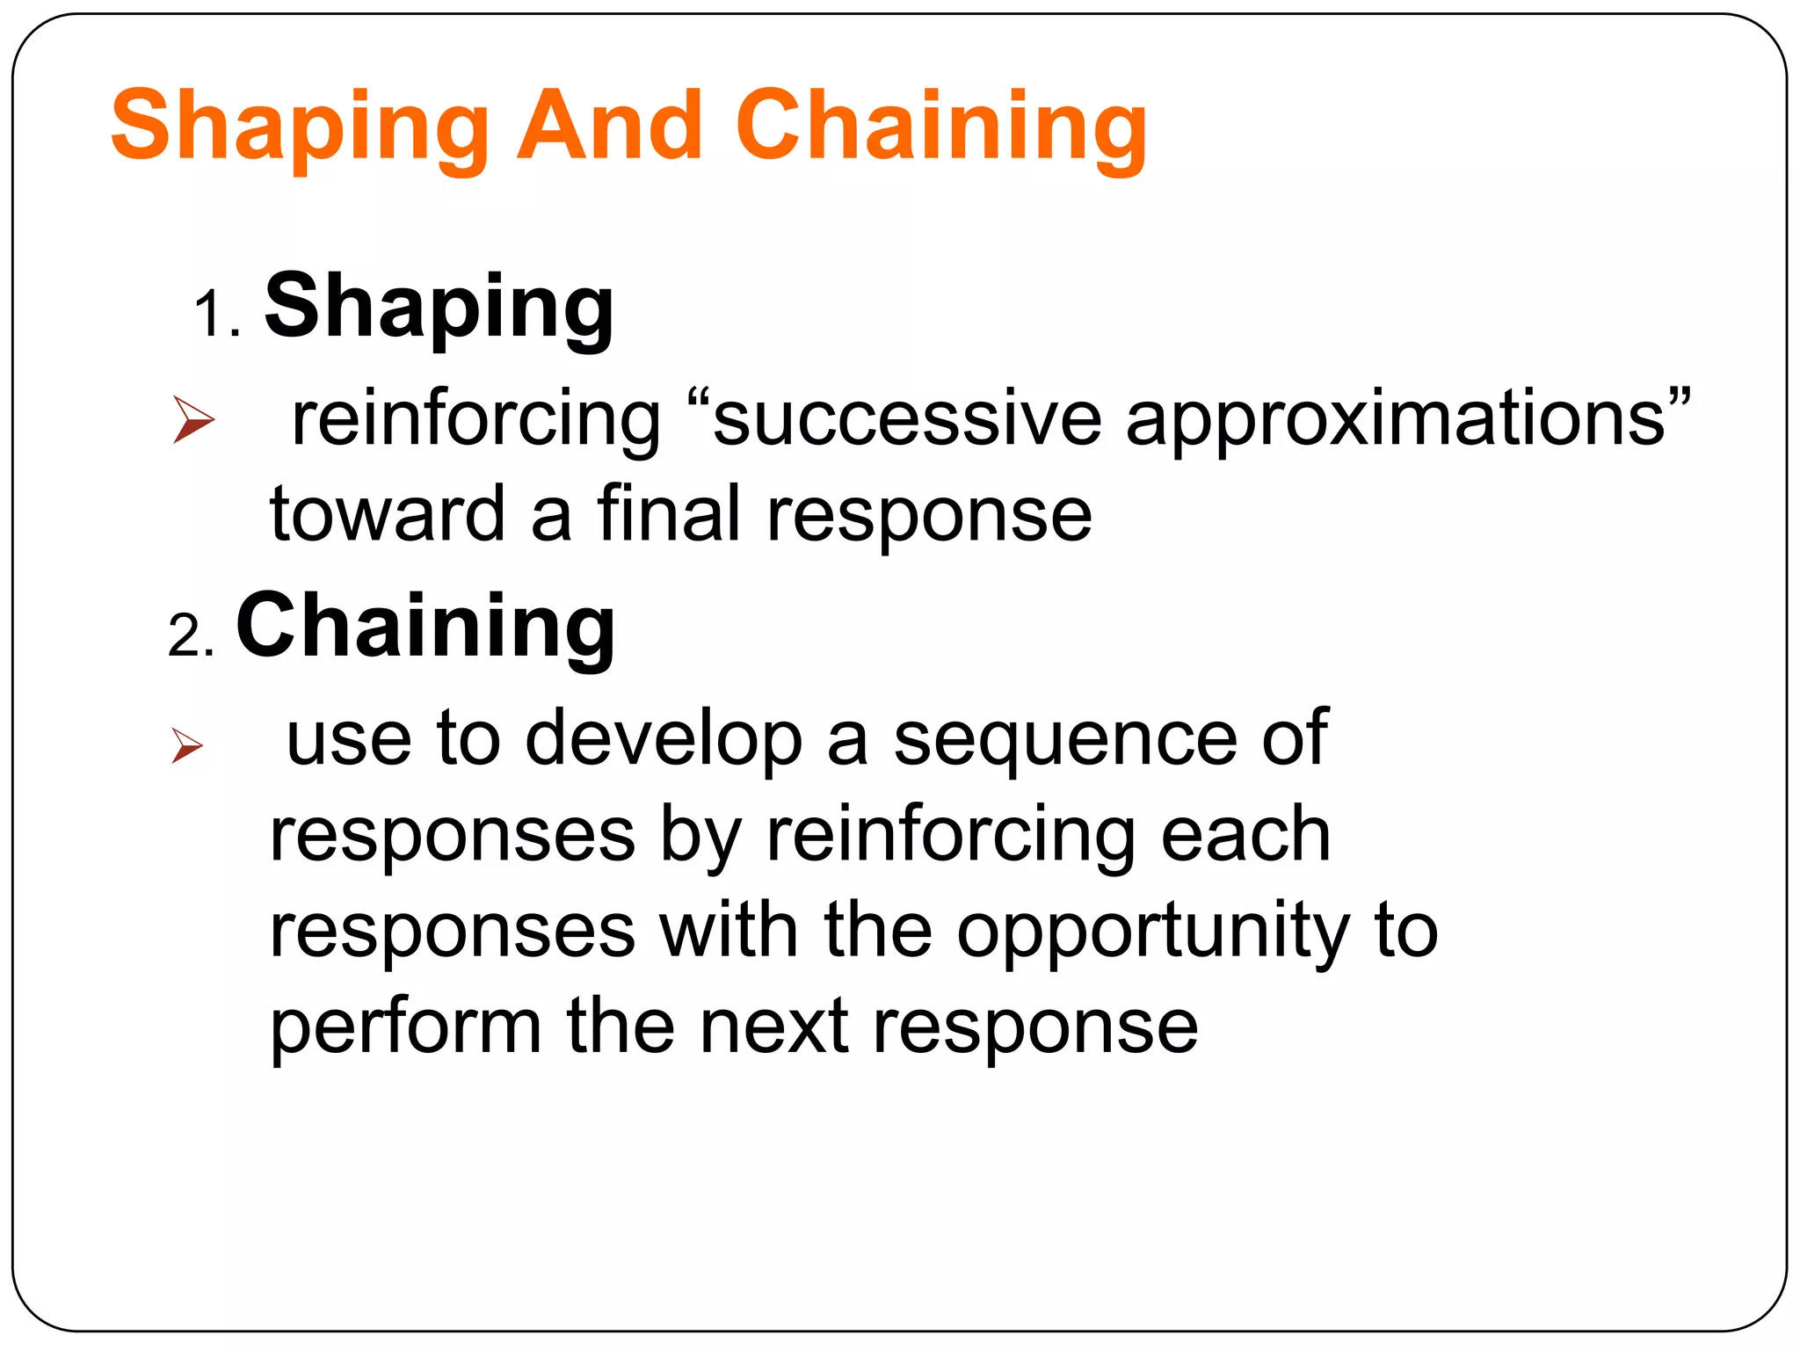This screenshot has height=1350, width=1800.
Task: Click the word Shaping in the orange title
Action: pyautogui.click(x=299, y=127)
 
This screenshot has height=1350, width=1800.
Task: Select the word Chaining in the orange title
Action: pyautogui.click(x=940, y=127)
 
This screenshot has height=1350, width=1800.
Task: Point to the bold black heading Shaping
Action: pyautogui.click(x=439, y=308)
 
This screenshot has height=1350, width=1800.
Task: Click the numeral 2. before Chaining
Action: pyautogui.click(x=191, y=635)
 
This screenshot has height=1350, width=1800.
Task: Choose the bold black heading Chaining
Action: pyautogui.click(x=425, y=626)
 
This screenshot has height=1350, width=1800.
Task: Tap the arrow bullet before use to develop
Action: pyautogui.click(x=187, y=746)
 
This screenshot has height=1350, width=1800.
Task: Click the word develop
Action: pyautogui.click(x=664, y=740)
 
